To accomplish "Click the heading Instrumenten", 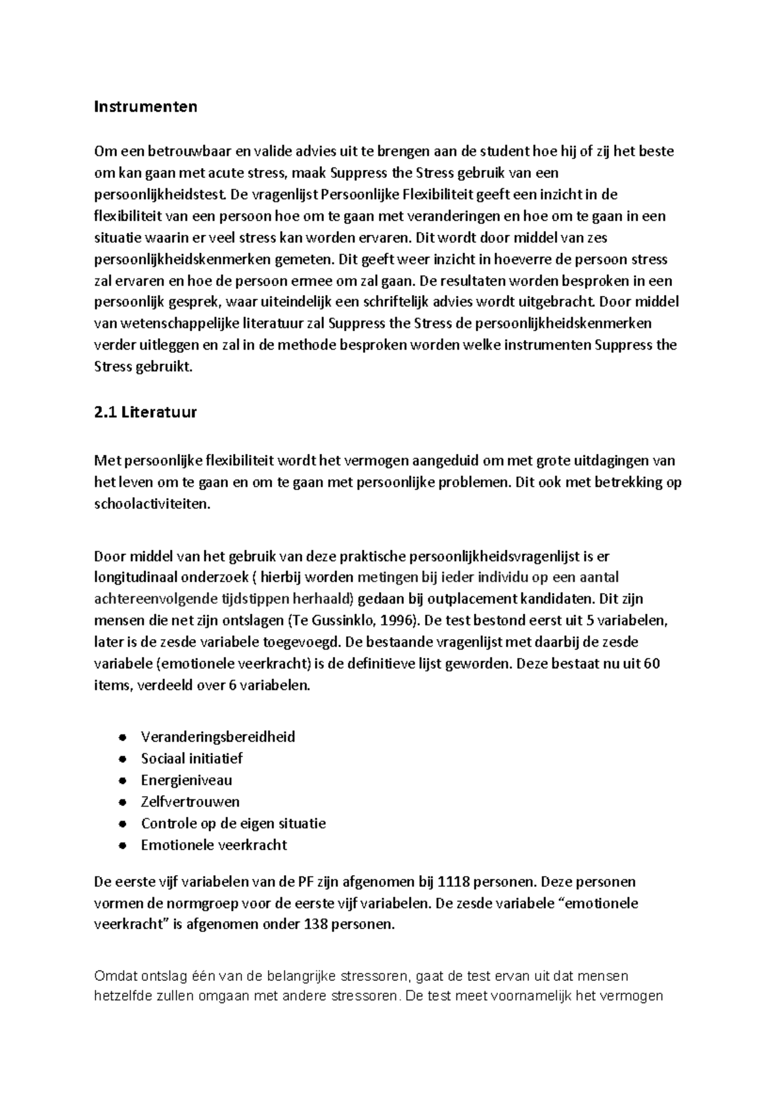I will click(145, 106).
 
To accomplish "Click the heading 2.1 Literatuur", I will click(145, 412).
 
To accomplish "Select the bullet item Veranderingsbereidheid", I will click(217, 737).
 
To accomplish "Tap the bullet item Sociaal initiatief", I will click(192, 758).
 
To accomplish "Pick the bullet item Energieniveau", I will click(186, 780).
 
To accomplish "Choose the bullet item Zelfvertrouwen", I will click(190, 802).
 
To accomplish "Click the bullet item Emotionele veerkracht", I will click(214, 845).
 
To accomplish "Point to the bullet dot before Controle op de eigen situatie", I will click(122, 824).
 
